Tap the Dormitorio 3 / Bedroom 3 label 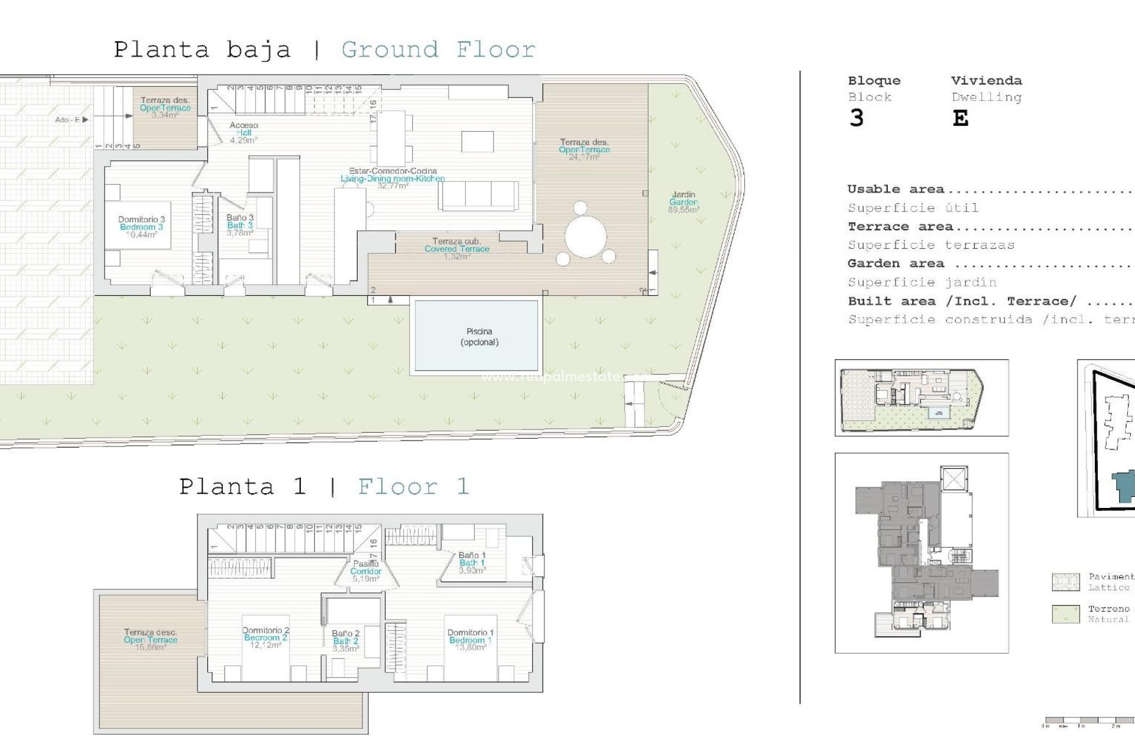(141, 227)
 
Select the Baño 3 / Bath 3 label (240, 225)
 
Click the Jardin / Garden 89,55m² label (683, 202)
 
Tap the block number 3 (856, 119)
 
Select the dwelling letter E (961, 119)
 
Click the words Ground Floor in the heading (438, 50)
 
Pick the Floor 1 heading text (413, 487)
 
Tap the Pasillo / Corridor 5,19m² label (366, 571)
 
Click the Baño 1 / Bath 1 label (472, 563)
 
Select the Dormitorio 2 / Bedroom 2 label (265, 637)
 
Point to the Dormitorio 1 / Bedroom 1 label (470, 640)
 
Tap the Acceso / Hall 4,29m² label (244, 132)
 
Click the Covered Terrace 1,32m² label (456, 249)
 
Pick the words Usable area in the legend (896, 190)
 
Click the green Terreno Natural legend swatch (1066, 614)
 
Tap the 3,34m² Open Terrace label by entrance (165, 107)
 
